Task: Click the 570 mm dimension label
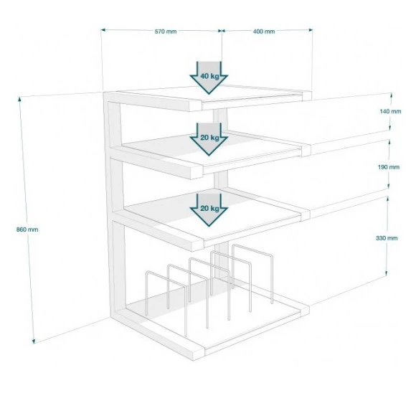pyautogui.click(x=166, y=32)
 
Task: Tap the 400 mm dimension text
pyautogui.click(x=264, y=32)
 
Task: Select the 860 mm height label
pyautogui.click(x=27, y=230)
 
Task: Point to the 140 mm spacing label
pyautogui.click(x=390, y=111)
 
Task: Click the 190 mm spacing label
pyautogui.click(x=389, y=167)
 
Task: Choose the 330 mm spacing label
pyautogui.click(x=387, y=238)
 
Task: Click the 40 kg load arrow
pyautogui.click(x=209, y=77)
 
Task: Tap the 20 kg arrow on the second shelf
pyautogui.click(x=209, y=138)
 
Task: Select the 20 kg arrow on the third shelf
pyautogui.click(x=209, y=209)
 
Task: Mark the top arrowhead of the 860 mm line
pyautogui.click(x=19, y=99)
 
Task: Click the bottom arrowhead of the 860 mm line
pyautogui.click(x=34, y=341)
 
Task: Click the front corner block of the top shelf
pyautogui.click(x=195, y=106)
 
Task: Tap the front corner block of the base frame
pyautogui.click(x=198, y=354)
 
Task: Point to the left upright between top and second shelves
pyautogui.click(x=114, y=124)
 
